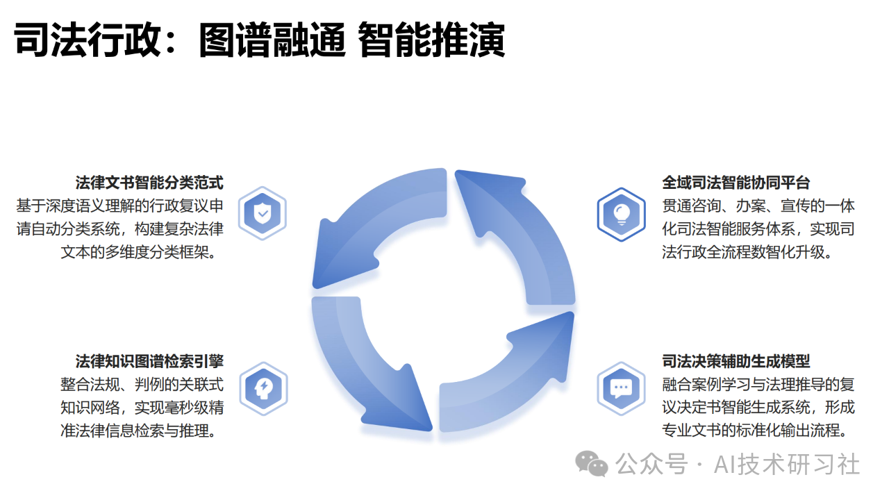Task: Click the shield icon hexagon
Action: click(x=263, y=213)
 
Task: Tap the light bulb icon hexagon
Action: click(x=621, y=215)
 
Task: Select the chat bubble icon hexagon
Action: click(x=621, y=388)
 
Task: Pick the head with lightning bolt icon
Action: click(x=263, y=388)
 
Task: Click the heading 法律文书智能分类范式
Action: click(x=149, y=183)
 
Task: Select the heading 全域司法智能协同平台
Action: click(x=736, y=183)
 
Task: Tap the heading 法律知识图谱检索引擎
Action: click(x=149, y=362)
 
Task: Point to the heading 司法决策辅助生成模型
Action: click(x=736, y=362)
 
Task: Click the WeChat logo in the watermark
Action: click(x=591, y=464)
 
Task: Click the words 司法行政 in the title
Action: click(x=88, y=40)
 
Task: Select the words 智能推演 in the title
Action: click(x=431, y=40)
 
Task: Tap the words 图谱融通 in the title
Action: click(x=272, y=40)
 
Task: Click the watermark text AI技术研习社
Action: click(x=787, y=465)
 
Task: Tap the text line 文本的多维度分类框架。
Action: click(x=140, y=252)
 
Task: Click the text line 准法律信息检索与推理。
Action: click(x=140, y=431)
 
